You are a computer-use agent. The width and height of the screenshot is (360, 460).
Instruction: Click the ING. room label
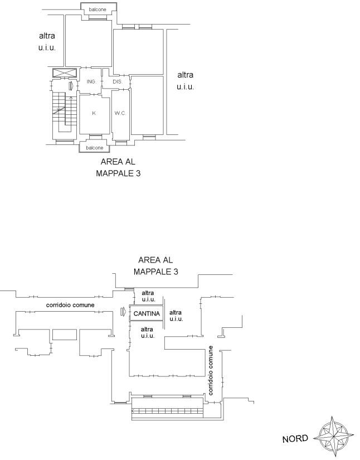click(91, 81)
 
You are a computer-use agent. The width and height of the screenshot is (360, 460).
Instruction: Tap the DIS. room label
click(117, 82)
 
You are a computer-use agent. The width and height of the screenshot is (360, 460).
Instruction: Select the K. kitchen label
click(94, 113)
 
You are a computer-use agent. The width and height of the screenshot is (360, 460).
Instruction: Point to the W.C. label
click(120, 113)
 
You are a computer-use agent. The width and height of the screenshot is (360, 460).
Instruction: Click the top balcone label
click(98, 9)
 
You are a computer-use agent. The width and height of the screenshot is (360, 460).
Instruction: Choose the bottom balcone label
click(94, 148)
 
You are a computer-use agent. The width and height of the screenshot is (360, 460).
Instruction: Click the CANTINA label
click(147, 313)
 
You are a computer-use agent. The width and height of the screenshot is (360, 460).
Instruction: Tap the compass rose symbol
click(334, 437)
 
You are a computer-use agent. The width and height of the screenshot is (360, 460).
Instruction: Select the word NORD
click(295, 439)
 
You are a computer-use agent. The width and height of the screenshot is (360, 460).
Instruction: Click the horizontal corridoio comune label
click(70, 305)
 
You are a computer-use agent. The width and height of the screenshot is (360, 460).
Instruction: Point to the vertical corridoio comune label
click(211, 370)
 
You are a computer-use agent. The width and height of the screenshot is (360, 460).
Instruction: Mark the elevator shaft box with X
click(65, 72)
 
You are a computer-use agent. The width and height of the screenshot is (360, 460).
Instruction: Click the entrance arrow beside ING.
click(71, 86)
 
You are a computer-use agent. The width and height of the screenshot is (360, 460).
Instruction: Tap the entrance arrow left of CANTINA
click(123, 311)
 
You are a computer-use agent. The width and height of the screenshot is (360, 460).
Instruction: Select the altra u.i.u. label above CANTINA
click(148, 296)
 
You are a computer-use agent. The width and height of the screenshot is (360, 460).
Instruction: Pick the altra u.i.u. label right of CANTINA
click(176, 316)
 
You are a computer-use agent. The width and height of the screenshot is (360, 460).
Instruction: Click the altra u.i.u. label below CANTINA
click(148, 332)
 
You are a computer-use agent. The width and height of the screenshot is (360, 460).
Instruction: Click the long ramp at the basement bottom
click(167, 411)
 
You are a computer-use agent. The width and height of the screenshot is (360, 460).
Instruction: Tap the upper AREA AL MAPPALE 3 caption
click(118, 167)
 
